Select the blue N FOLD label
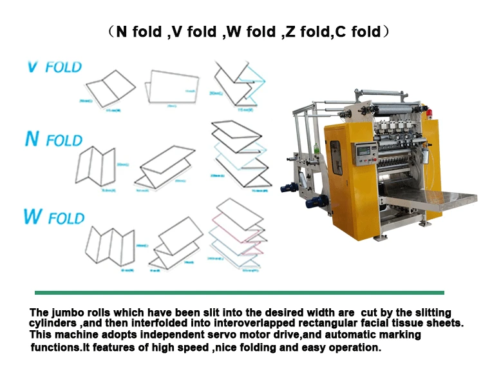[x=53, y=139]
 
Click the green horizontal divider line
[x=240, y=292]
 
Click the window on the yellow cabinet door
[x=337, y=164]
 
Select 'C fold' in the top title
[x=357, y=32]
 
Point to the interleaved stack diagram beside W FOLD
[x=238, y=238]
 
